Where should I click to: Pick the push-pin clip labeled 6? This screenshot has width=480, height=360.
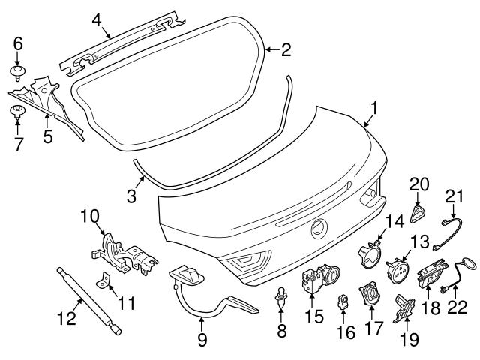(x=17, y=72)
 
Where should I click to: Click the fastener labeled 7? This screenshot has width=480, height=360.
(x=18, y=113)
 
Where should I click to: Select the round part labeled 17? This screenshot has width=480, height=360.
(x=368, y=294)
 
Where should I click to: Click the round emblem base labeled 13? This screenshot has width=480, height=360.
(x=397, y=269)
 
